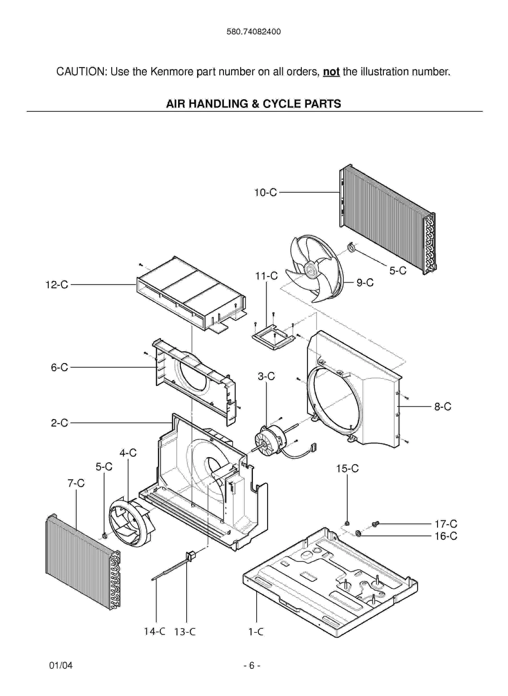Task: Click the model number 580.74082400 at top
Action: coord(253,32)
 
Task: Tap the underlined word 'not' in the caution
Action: coord(331,72)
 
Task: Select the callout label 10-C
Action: coord(265,193)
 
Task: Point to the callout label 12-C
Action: coord(57,285)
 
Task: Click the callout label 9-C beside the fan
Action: coord(365,283)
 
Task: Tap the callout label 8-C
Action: coord(442,407)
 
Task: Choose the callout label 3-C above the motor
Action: coord(266,377)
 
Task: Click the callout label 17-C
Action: coord(446,524)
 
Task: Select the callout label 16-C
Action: coord(446,536)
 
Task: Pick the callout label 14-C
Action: coord(154,631)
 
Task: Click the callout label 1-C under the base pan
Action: coord(256,632)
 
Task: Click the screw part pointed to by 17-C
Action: coord(375,524)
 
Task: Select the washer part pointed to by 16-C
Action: coord(358,533)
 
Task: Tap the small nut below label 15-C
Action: coord(347,523)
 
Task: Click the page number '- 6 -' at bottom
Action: coord(252,665)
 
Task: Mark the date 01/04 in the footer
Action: coord(61,665)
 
